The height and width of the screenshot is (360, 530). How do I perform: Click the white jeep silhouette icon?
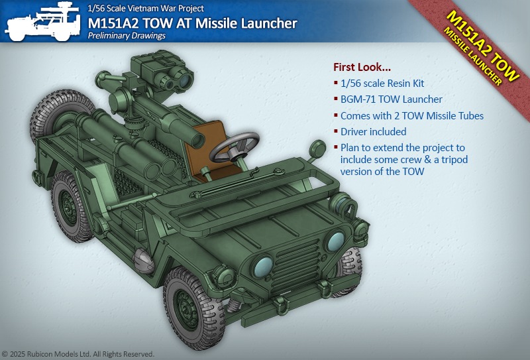pyautogui.click(x=43, y=22)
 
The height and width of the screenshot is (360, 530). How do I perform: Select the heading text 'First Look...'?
pyautogui.click(x=362, y=67)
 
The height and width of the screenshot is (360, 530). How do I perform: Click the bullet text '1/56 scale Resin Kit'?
pyautogui.click(x=382, y=84)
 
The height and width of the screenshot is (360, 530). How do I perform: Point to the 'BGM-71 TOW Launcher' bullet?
pyautogui.click(x=391, y=99)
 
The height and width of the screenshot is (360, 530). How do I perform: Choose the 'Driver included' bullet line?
pyautogui.click(x=373, y=132)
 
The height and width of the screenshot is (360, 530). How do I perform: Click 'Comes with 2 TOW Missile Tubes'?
pyautogui.click(x=411, y=116)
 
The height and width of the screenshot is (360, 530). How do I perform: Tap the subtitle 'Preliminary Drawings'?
pyautogui.click(x=127, y=36)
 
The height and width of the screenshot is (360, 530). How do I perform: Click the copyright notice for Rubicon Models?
pyautogui.click(x=78, y=354)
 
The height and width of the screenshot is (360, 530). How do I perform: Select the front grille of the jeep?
pyautogui.click(x=295, y=267)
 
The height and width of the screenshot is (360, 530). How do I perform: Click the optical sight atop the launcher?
pyautogui.click(x=162, y=73)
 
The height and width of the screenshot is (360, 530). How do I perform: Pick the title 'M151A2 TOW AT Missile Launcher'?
pyautogui.click(x=192, y=23)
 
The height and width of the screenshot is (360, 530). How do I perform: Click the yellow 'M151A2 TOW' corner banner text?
pyautogui.click(x=484, y=46)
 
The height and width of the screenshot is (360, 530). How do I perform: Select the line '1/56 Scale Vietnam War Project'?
pyautogui.click(x=146, y=8)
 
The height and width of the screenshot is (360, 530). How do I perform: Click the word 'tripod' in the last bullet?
pyautogui.click(x=454, y=160)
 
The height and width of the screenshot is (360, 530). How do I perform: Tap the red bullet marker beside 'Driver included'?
pyautogui.click(x=336, y=131)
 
